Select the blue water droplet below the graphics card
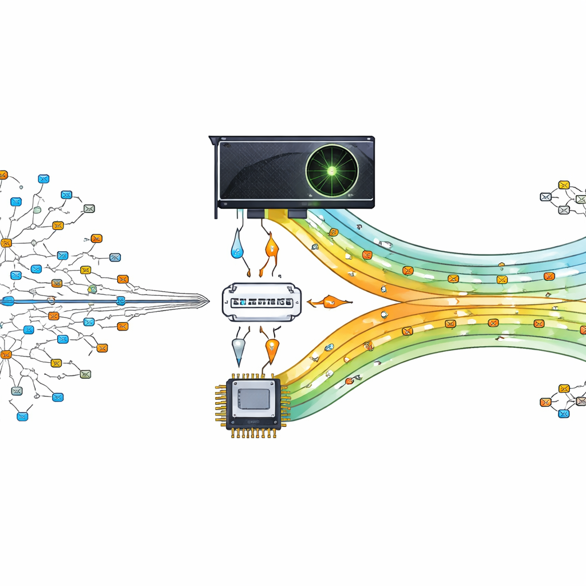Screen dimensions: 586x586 pos(236,247)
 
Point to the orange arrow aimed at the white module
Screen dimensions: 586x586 pos(327,302)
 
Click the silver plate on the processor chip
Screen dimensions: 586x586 pos(253,398)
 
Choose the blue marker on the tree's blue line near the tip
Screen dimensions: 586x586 pos(121,300)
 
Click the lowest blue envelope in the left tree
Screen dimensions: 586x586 pos(22,416)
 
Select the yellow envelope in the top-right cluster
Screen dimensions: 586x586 pos(564,184)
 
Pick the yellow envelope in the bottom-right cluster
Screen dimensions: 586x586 pos(564,389)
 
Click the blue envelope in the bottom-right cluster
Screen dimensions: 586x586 pos(564,414)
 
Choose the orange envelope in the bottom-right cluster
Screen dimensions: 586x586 pos(545,402)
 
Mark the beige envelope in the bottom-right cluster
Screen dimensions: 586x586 pos(581,401)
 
